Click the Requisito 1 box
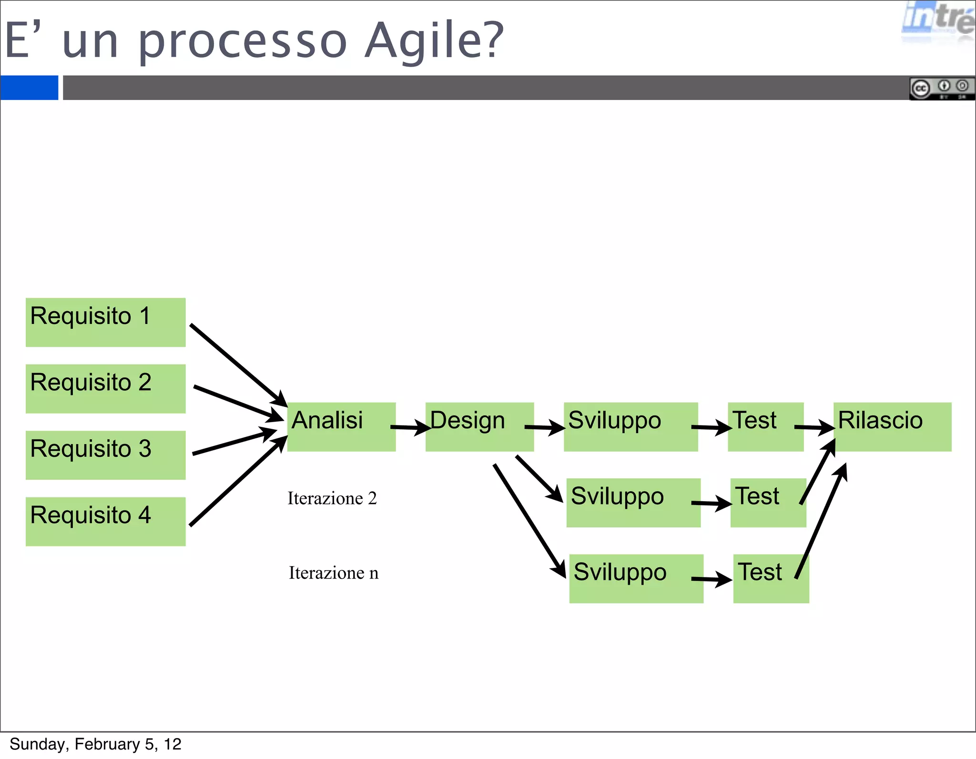tap(105, 322)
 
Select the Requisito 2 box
tap(105, 388)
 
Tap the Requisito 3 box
tap(105, 455)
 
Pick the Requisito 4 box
tap(105, 521)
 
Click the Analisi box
tap(341, 426)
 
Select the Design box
tap(479, 426)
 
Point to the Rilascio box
tap(892, 426)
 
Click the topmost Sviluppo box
tap(630, 426)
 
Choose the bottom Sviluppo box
tap(636, 578)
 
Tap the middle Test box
tap(768, 503)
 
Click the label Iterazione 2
tap(332, 498)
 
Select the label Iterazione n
tap(333, 573)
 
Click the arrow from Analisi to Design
tap(410, 427)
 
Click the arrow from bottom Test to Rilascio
tap(821, 522)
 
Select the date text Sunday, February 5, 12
tap(95, 744)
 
